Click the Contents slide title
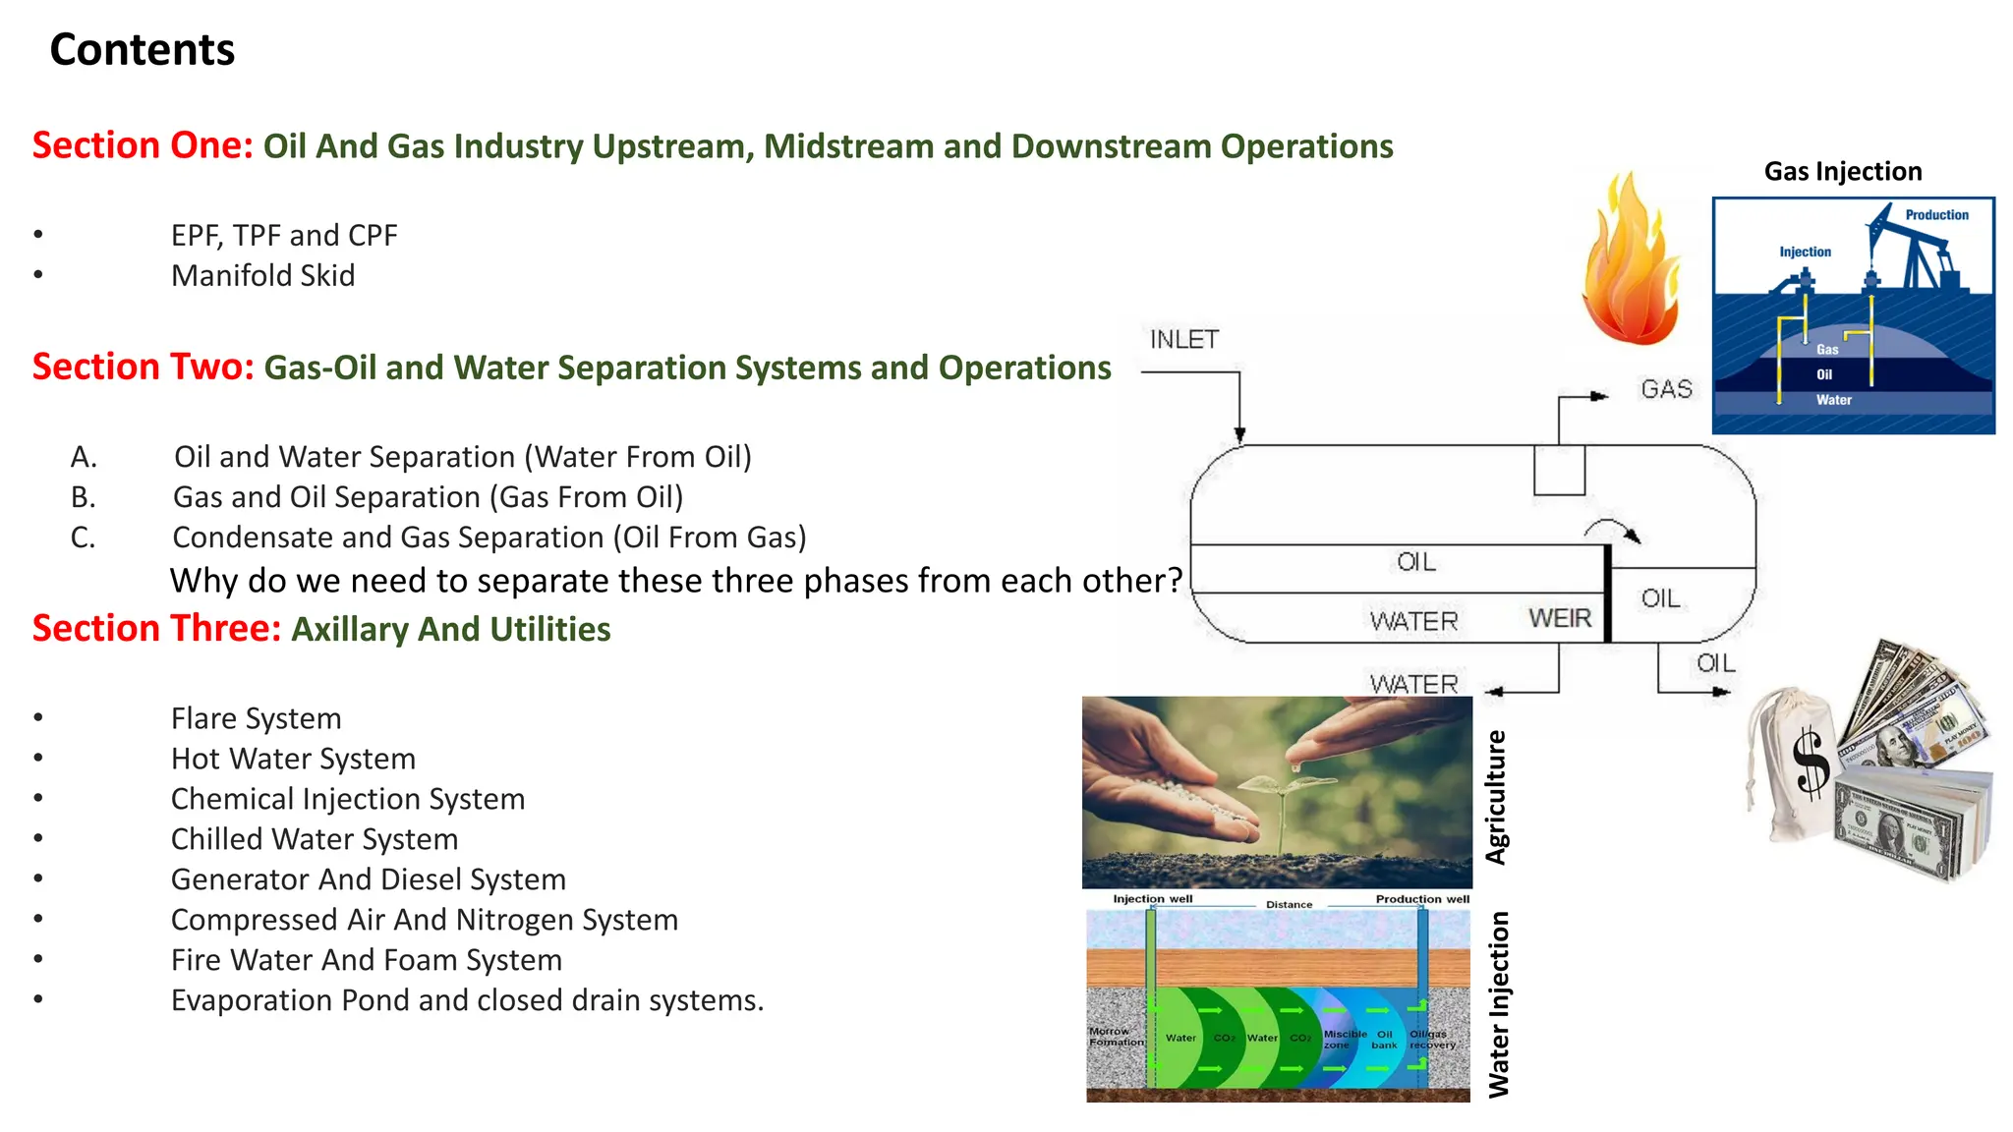click(142, 49)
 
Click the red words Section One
click(143, 145)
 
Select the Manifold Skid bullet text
click(262, 276)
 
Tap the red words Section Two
click(143, 367)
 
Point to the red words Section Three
click(156, 629)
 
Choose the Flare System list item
click(256, 718)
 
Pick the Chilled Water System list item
click(314, 839)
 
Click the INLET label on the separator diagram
click(1183, 340)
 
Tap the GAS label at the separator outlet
click(1666, 390)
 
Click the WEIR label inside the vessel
click(1559, 618)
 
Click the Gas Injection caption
click(1842, 172)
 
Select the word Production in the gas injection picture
click(1935, 215)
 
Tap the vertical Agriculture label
click(1496, 797)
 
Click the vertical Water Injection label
click(1498, 1003)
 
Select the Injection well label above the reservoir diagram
click(1152, 899)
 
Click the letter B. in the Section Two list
click(84, 497)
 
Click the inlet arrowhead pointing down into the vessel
click(1239, 434)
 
